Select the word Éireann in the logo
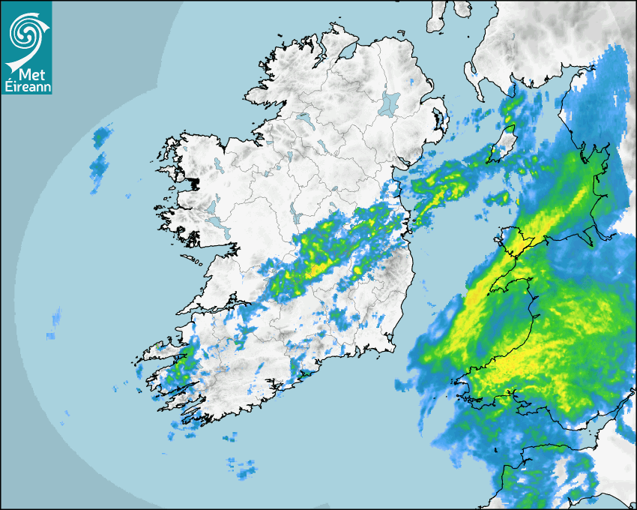(x=27, y=87)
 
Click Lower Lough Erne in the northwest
(x=303, y=118)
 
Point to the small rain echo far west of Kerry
(x=56, y=319)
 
